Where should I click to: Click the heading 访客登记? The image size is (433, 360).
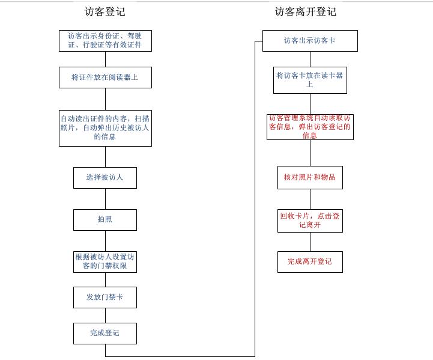point(105,11)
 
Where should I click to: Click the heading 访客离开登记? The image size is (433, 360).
point(306,11)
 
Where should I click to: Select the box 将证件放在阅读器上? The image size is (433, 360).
point(105,78)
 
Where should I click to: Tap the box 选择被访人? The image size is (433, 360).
point(105,178)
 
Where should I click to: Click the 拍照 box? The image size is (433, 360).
point(105,219)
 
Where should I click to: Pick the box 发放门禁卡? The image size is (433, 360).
point(105,297)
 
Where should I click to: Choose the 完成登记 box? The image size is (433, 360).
point(105,333)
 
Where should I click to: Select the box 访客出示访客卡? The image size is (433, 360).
point(310,41)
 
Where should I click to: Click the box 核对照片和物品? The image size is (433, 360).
point(310,177)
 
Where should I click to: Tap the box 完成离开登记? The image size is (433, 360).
point(310,261)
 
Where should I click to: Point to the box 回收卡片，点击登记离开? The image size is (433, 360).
point(310,221)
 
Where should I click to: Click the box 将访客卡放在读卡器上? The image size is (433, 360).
point(310,80)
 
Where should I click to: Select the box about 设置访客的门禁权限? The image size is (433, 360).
point(105,261)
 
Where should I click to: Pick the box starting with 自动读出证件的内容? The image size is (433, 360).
point(105,128)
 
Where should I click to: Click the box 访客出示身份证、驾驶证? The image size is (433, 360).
point(105,41)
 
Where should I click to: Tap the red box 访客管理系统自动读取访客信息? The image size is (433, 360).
point(310,127)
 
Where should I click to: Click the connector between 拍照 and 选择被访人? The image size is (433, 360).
point(105,199)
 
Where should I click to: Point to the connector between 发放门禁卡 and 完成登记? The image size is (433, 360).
point(105,316)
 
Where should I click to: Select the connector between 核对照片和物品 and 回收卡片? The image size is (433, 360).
point(310,199)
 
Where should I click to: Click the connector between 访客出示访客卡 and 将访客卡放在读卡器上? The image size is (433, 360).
point(310,59)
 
